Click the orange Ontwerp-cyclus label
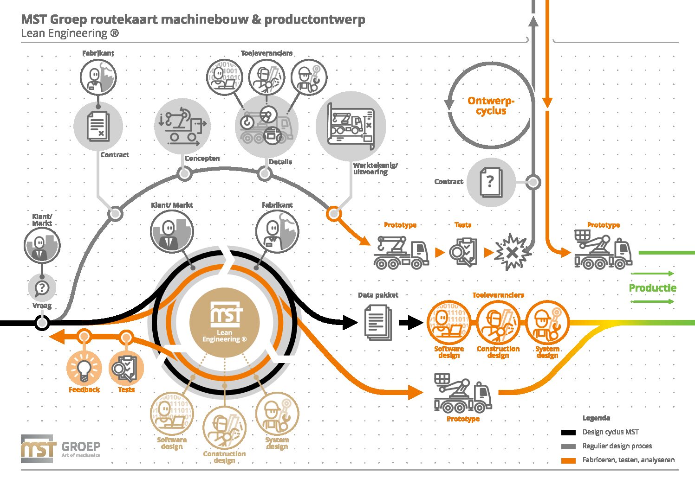coord(491,106)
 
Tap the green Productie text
coord(652,288)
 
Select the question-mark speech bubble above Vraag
coord(42,288)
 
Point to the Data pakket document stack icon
coord(378,323)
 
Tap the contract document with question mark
coord(491,182)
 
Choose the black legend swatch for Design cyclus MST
coord(568,433)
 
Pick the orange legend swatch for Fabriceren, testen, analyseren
coord(568,461)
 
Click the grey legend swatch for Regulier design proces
coord(568,446)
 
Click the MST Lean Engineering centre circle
coord(224,323)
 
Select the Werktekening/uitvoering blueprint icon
coord(351,126)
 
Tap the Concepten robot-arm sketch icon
coord(182,126)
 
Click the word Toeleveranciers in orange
coord(498,295)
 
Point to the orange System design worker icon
coord(547,323)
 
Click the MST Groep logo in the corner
coord(60,449)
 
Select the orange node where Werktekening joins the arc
coord(334,213)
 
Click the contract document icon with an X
coord(98,126)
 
